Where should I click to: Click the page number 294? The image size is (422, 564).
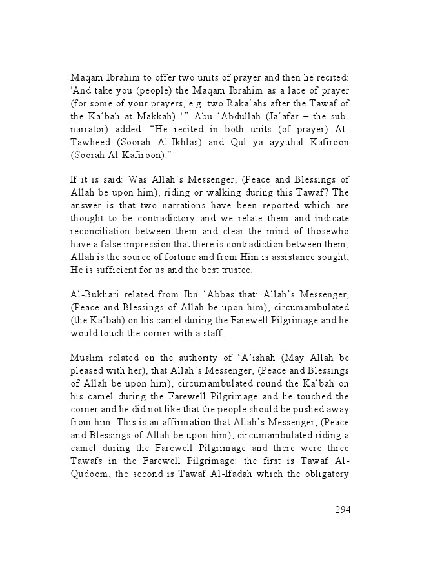pyautogui.click(x=342, y=510)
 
